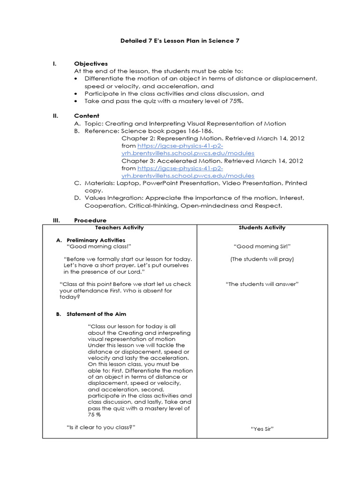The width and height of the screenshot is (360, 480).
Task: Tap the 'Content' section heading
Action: [86, 116]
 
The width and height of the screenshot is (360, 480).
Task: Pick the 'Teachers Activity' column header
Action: [119, 228]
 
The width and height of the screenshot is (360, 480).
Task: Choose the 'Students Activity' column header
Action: [262, 228]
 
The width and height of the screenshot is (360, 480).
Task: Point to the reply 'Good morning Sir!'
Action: [262, 247]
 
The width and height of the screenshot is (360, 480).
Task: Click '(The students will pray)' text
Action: [262, 259]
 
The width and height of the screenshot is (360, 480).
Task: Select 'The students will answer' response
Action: [262, 284]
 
